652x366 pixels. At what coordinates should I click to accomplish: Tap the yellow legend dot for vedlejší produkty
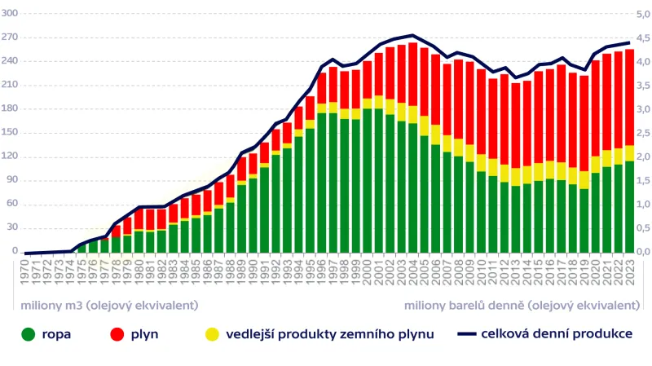point(212,334)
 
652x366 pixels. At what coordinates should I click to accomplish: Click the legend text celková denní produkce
point(557,333)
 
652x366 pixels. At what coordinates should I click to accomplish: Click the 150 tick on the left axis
point(10,134)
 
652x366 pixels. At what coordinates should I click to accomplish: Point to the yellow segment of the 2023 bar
point(629,153)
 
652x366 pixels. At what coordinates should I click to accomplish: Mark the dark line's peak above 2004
point(412,35)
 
